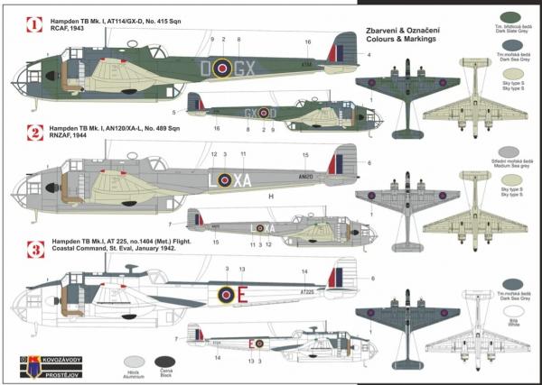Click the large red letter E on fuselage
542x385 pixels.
point(242,294)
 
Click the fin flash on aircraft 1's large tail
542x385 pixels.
point(341,50)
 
